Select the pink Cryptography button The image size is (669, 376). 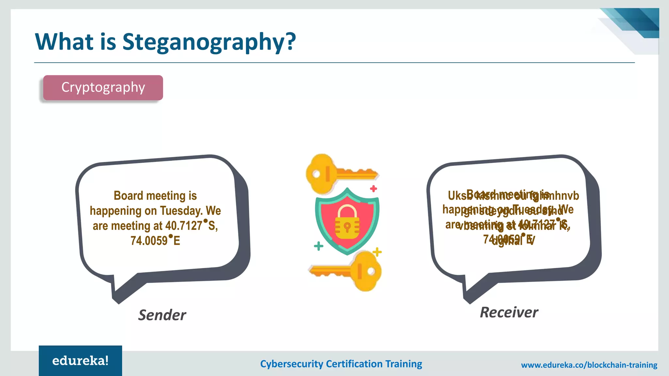[x=103, y=87]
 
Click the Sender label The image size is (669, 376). [x=162, y=315]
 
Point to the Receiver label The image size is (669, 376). [x=509, y=312]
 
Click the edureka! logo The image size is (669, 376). [x=80, y=361]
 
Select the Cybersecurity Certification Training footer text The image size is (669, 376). [x=341, y=364]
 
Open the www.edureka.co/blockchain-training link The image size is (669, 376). [x=589, y=365]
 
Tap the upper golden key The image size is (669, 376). [x=340, y=173]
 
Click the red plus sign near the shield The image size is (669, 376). [x=373, y=188]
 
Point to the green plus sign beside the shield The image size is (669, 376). [x=318, y=246]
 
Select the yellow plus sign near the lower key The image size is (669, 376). [x=377, y=252]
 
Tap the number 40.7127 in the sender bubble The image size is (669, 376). [x=184, y=226]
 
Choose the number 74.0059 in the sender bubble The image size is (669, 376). [x=149, y=241]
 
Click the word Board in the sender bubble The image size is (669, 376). [x=128, y=196]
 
